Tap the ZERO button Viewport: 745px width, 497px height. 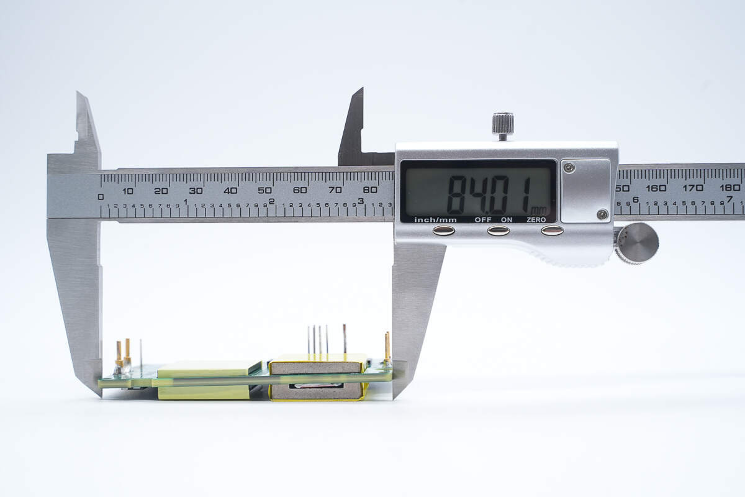point(552,230)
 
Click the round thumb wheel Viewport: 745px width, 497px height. point(636,244)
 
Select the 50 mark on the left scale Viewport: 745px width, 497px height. point(264,190)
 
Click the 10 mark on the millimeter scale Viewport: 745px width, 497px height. point(128,191)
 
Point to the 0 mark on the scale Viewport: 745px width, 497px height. point(101,197)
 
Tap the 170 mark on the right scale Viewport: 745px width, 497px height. point(693,188)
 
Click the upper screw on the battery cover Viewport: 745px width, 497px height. point(569,168)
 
